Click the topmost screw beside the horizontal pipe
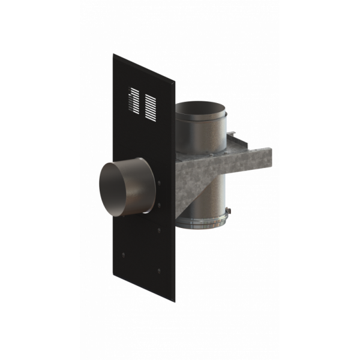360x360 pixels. coord(160,182)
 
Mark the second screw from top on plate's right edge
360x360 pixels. coord(160,206)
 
